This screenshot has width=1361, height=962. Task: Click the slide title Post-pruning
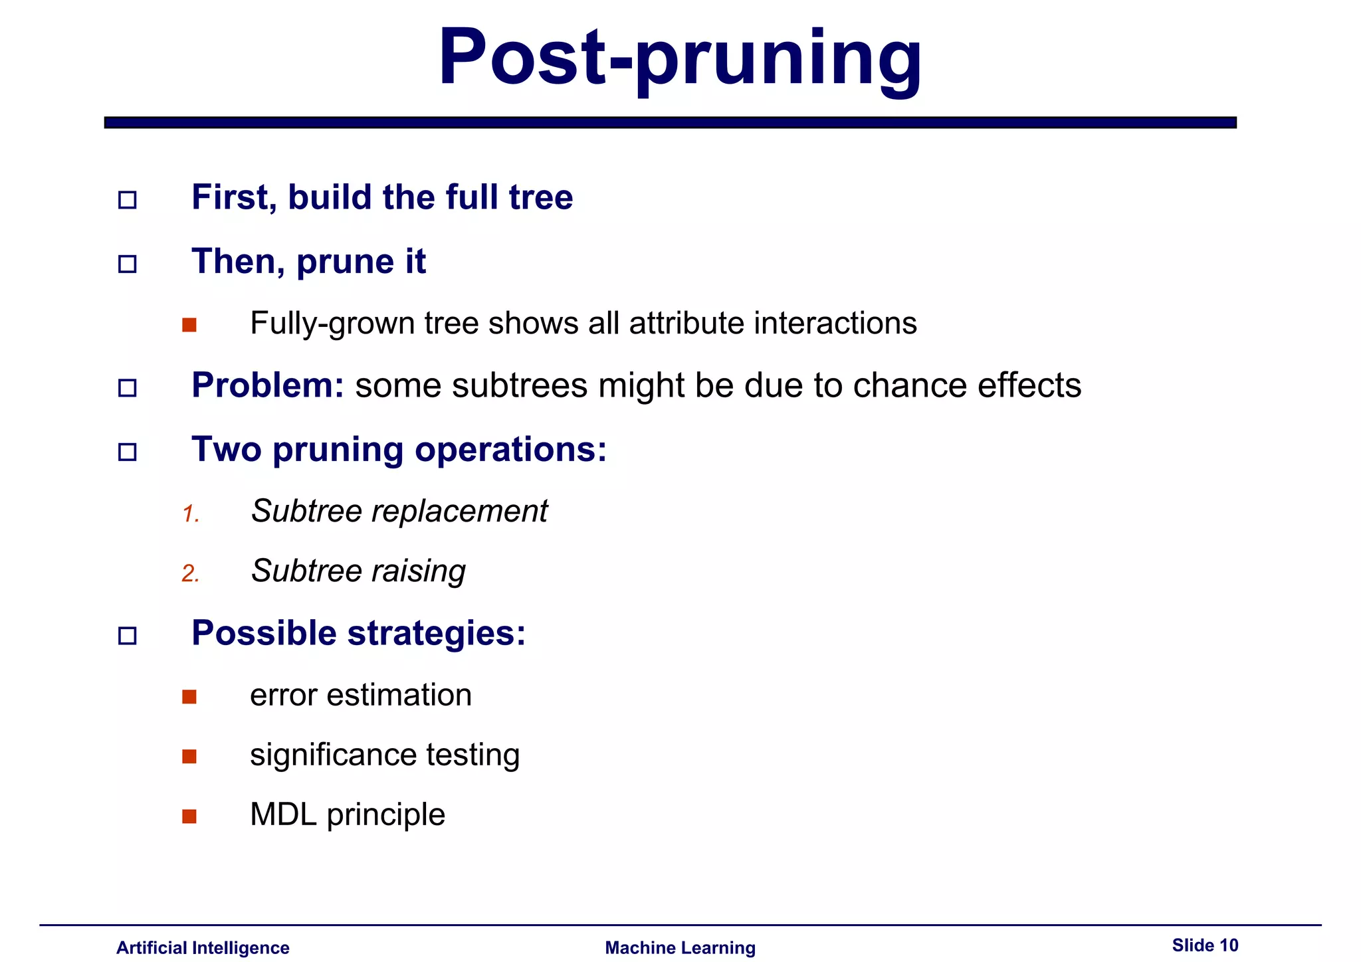pos(680,58)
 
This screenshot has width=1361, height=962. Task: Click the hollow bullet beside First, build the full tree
pos(127,200)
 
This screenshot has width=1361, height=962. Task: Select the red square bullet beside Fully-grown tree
pos(189,325)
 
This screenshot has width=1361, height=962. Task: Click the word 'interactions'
pos(835,324)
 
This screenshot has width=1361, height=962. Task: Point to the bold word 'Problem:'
pos(267,385)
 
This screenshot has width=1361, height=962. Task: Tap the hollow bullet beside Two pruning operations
pos(127,452)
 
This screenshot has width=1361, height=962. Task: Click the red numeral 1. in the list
pos(191,514)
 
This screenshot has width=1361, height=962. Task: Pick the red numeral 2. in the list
pos(191,573)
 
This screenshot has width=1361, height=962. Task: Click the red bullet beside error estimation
pos(189,696)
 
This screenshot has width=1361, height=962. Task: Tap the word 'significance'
pos(333,755)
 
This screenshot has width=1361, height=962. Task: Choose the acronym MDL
pos(283,815)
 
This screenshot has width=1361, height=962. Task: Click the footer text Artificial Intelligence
pos(203,947)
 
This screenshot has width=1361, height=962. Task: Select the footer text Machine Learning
pos(680,947)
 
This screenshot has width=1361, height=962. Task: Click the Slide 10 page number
pos(1204,945)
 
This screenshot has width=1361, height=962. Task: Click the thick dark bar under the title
pos(670,123)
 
